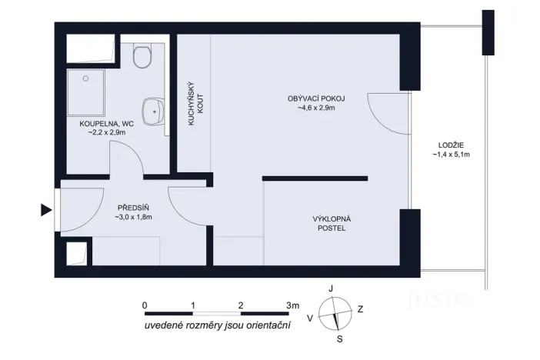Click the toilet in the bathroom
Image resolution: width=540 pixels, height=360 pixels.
coord(142,55)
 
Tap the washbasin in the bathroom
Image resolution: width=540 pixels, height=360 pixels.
coord(152,111)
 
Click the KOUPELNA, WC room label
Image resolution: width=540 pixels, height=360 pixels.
coord(102,123)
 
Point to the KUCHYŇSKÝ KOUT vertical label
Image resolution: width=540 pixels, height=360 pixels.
coord(195,104)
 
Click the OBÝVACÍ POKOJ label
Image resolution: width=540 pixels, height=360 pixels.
coord(316,98)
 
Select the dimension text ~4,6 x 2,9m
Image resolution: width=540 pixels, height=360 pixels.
coord(316,108)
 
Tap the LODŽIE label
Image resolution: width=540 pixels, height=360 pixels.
coord(451,145)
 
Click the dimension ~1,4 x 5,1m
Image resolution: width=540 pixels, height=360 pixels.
coord(451,155)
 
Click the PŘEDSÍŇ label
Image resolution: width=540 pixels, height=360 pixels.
coord(133,208)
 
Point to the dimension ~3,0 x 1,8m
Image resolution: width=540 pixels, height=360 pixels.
coord(133,218)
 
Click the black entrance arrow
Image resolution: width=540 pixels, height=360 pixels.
coord(46,210)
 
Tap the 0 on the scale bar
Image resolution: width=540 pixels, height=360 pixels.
coord(145,305)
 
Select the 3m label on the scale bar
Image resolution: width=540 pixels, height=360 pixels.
coord(292,305)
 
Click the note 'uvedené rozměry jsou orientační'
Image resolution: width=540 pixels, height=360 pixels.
coord(218,328)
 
